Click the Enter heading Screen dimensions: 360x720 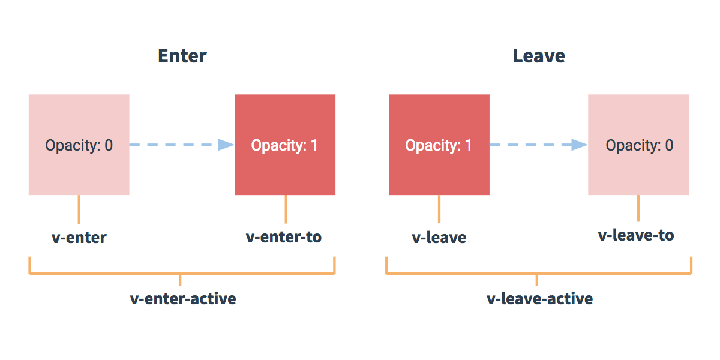tap(182, 56)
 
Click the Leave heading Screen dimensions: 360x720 tap(538, 56)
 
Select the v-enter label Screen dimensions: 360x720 tap(79, 238)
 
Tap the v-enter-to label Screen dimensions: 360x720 tap(284, 237)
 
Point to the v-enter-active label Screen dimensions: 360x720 tap(183, 298)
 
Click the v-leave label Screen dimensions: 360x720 tap(439, 238)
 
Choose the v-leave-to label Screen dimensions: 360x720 tap(636, 235)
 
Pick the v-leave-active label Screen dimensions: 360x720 tap(539, 298)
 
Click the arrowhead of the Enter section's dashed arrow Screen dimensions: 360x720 tap(226, 145)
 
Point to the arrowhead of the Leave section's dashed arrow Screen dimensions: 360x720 tap(580, 145)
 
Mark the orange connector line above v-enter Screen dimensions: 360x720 tap(79, 209)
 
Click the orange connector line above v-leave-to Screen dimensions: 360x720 tap(638, 208)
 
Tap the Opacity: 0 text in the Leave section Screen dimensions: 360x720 tap(639, 145)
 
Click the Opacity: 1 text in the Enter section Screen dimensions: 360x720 tap(284, 145)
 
